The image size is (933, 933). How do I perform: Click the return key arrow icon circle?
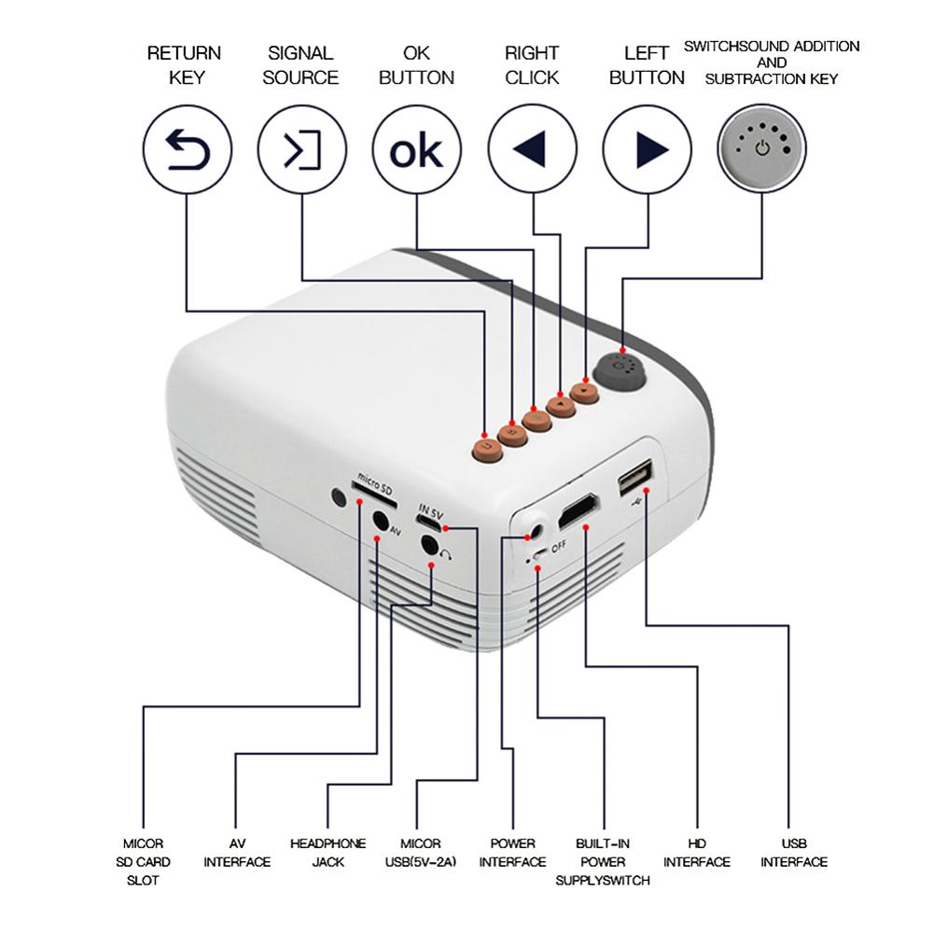click(187, 149)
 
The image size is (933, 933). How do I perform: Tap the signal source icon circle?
click(301, 149)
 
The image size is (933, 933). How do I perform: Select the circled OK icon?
click(416, 149)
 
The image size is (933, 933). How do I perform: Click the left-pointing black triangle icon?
click(532, 149)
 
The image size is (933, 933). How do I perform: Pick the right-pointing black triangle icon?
click(648, 149)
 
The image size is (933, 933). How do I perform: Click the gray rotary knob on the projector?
click(620, 369)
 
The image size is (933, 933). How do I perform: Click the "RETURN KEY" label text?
click(184, 65)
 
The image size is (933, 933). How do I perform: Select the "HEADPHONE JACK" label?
click(327, 852)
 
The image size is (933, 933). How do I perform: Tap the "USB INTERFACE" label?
click(793, 852)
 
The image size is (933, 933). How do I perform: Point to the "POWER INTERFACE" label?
click(512, 852)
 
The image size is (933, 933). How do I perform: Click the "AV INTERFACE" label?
click(237, 852)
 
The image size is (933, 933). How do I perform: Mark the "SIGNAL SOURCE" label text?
click(300, 65)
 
